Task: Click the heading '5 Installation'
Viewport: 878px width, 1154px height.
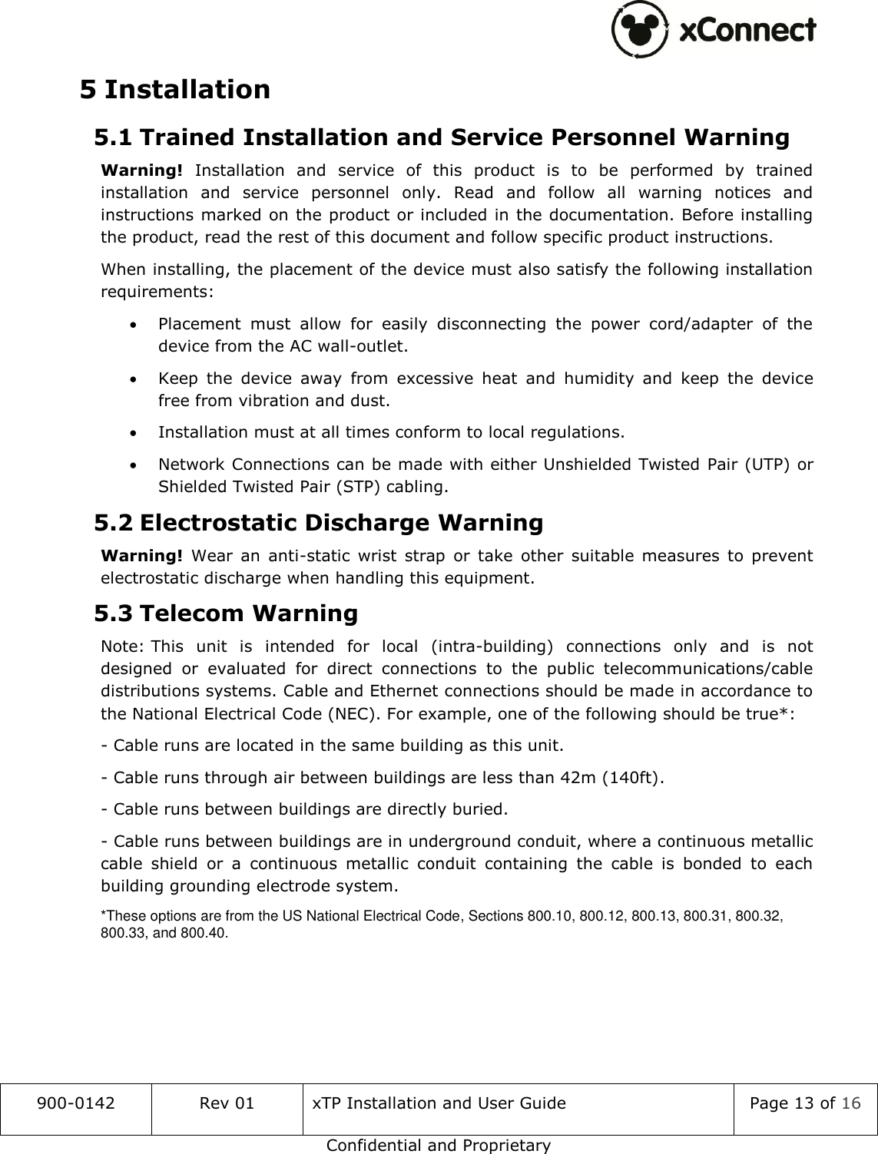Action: tap(175, 90)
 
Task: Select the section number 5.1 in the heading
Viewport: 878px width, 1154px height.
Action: tap(112, 138)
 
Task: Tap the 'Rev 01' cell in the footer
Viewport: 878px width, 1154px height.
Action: tap(227, 1104)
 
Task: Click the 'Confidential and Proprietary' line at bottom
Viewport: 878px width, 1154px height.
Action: tap(439, 1146)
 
